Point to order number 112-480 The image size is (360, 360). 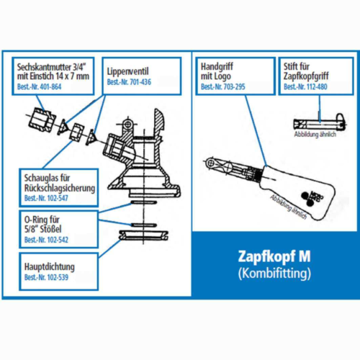tap(312, 87)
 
